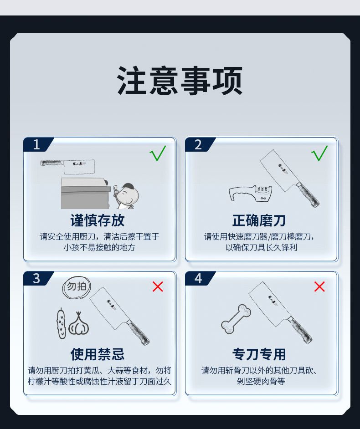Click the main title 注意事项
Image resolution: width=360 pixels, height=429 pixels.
pyautogui.click(x=180, y=81)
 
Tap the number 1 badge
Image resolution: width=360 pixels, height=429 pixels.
pyautogui.click(x=37, y=144)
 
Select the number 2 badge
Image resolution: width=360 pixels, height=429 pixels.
pyautogui.click(x=199, y=144)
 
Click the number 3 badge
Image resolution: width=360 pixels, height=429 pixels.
pyautogui.click(x=37, y=279)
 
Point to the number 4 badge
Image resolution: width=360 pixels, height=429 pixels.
pyautogui.click(x=199, y=279)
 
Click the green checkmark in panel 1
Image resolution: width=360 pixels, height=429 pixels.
pyautogui.click(x=158, y=153)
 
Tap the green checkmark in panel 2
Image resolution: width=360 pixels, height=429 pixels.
pyautogui.click(x=319, y=153)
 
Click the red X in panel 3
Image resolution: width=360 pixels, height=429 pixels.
pyautogui.click(x=158, y=286)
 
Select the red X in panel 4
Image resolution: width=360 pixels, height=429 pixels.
pyautogui.click(x=319, y=286)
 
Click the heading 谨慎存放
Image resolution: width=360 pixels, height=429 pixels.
pyautogui.click(x=98, y=220)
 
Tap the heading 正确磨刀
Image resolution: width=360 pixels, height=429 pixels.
pyautogui.click(x=259, y=220)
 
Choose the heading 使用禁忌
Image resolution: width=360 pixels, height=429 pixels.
pyautogui.click(x=98, y=354)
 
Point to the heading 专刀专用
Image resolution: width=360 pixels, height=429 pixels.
pyautogui.click(x=259, y=354)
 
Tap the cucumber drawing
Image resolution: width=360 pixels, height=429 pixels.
pyautogui.click(x=62, y=323)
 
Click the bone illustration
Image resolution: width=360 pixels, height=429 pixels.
pyautogui.click(x=236, y=319)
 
